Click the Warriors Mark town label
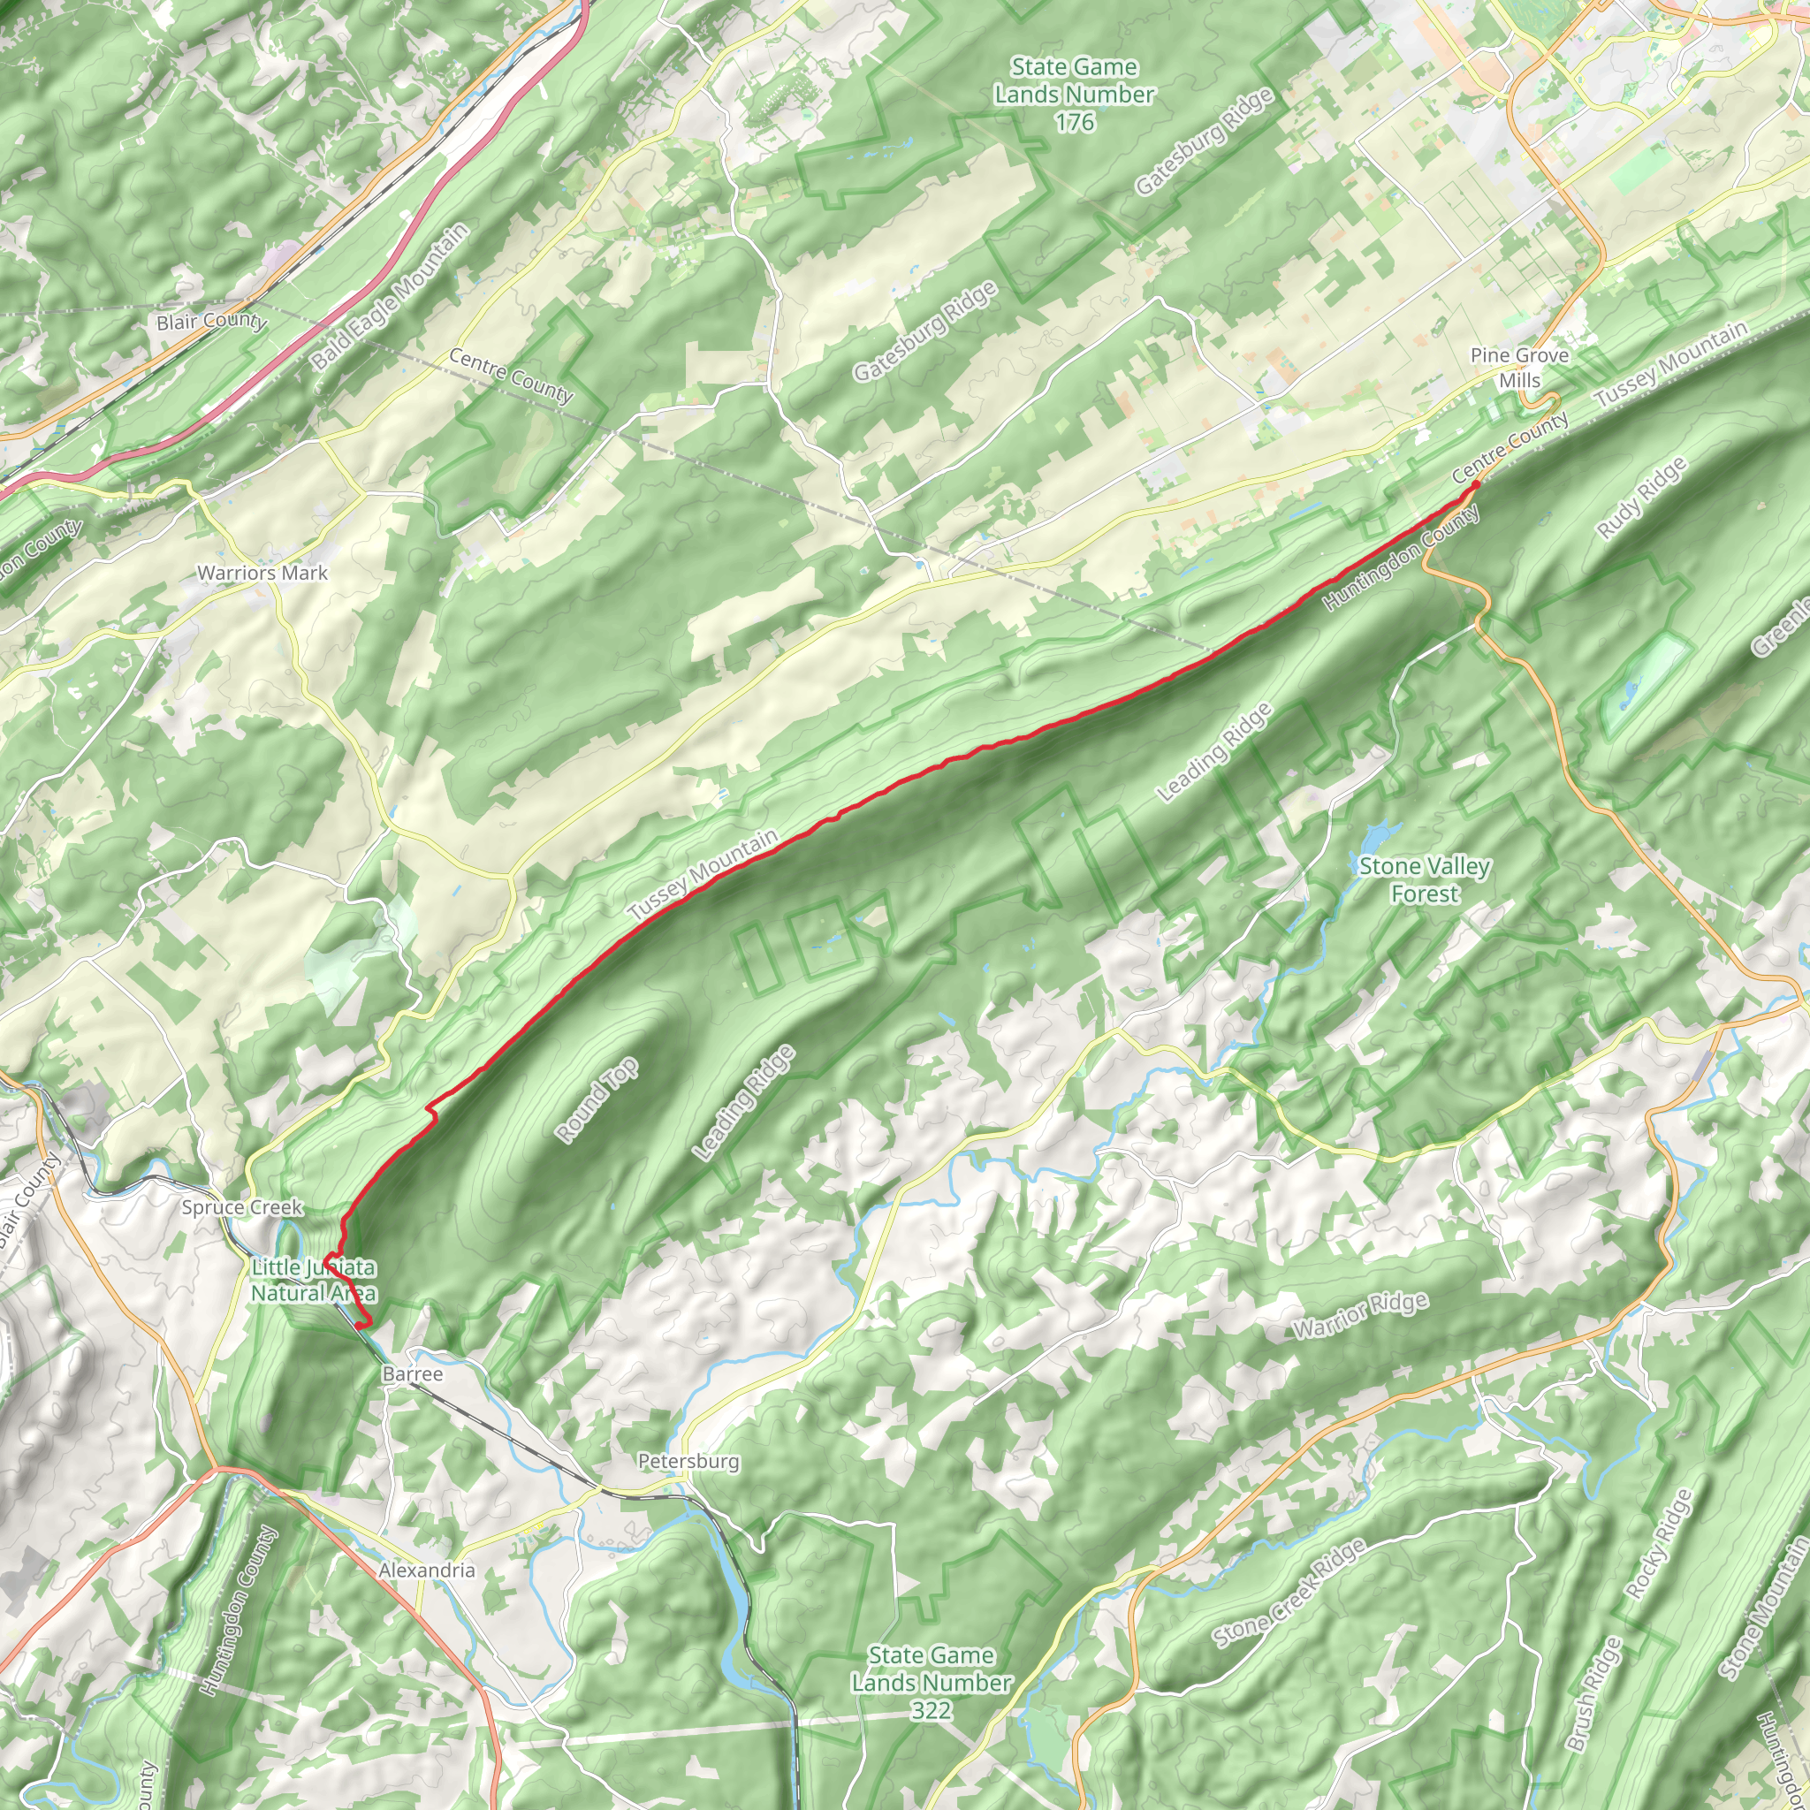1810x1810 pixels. coord(262,574)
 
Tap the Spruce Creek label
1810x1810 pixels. coord(241,1207)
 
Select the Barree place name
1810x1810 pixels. coord(412,1373)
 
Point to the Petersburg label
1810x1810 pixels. coord(688,1462)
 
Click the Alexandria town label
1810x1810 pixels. coord(427,1570)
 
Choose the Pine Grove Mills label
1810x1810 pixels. coord(1518,369)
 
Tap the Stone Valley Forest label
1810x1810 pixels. coord(1424,879)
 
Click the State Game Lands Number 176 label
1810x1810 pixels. coord(1074,95)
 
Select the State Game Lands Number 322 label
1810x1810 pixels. coord(932,1683)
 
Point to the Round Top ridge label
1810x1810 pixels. coord(597,1099)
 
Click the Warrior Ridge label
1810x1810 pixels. coord(1360,1315)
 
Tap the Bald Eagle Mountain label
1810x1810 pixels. coord(390,298)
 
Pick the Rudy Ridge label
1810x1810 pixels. coord(1641,498)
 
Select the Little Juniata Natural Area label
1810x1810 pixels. coord(314,1281)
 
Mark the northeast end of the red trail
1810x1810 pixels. coord(1477,484)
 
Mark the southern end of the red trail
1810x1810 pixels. coord(361,1325)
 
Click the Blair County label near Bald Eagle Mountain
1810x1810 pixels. coord(212,322)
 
